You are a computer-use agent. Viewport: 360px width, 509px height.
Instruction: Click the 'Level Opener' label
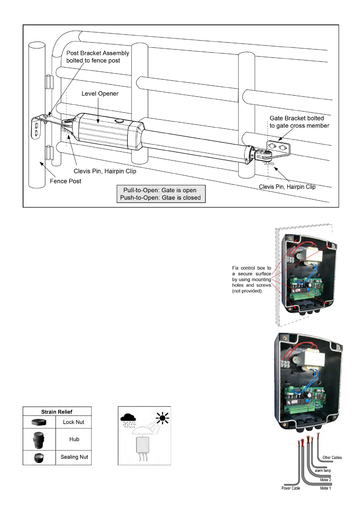pos(100,94)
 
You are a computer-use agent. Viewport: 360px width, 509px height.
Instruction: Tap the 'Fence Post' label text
pos(65,181)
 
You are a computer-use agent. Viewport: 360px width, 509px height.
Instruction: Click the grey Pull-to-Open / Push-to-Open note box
pos(161,194)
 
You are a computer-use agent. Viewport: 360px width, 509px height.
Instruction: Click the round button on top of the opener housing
pos(119,121)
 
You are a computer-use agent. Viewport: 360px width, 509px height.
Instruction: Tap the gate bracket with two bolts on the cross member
pos(278,148)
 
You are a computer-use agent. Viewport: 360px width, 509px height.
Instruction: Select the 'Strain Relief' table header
pos(57,412)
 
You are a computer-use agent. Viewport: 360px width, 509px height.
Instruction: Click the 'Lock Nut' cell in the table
pos(73,422)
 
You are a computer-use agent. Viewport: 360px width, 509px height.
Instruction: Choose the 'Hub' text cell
pos(74,439)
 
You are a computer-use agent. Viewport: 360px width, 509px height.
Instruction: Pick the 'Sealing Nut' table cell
pos(74,457)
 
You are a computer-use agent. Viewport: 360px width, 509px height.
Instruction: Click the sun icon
pos(163,418)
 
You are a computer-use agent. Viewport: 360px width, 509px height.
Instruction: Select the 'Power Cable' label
pos(290,488)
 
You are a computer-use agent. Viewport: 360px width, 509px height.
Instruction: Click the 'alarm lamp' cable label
pos(323,471)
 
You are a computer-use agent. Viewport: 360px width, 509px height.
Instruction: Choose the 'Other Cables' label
pos(332,458)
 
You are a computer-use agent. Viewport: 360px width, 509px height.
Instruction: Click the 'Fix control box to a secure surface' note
pos(251,280)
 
